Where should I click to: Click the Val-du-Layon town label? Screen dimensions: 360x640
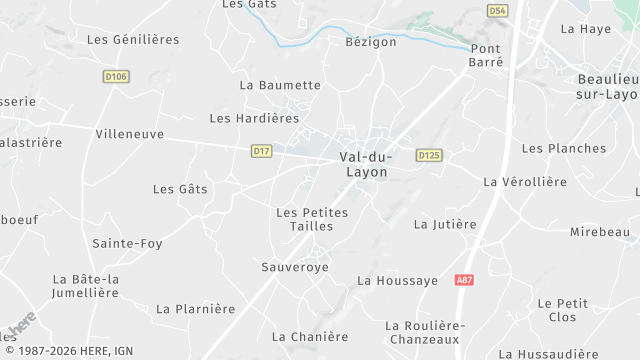pos(366,164)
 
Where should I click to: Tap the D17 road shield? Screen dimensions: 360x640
pos(261,151)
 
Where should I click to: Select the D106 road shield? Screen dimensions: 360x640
pos(116,76)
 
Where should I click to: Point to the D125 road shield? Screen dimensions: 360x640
pos(429,155)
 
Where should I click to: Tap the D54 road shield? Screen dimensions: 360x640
pos(497,10)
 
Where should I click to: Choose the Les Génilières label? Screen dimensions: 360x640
pos(133,40)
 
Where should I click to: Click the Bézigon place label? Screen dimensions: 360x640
pos(371,42)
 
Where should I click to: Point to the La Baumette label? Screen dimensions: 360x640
pos(280,85)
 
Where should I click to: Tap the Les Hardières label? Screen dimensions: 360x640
pos(254,118)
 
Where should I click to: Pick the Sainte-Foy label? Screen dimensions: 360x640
pos(127,243)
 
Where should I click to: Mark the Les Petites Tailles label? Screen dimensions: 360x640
pos(311,219)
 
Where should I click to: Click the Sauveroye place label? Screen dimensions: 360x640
pos(294,267)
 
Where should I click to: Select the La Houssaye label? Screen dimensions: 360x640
pos(397,281)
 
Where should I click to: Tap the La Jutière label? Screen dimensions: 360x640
pos(445,224)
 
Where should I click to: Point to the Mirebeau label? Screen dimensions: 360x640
pos(600,232)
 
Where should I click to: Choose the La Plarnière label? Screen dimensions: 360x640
pos(196,309)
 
